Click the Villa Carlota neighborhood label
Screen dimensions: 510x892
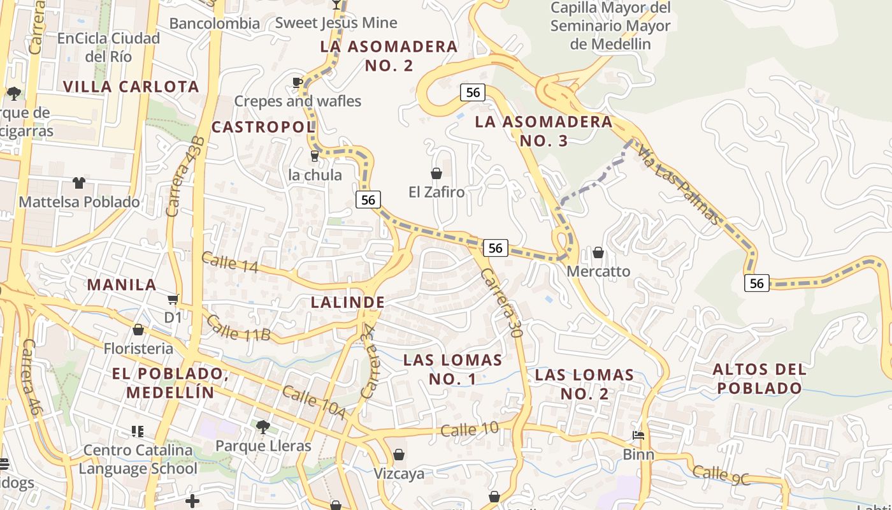click(131, 86)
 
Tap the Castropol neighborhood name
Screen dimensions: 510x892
click(263, 127)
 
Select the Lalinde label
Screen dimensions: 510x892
click(347, 302)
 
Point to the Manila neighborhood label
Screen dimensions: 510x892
click(122, 284)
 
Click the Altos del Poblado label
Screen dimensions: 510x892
click(759, 378)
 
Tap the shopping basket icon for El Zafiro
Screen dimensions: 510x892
click(436, 173)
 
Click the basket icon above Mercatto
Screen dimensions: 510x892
click(598, 253)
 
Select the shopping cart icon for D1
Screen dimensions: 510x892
click(173, 299)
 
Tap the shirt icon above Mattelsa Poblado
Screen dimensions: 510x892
click(79, 183)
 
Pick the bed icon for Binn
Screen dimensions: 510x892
click(638, 436)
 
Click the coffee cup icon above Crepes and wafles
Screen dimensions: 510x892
click(297, 82)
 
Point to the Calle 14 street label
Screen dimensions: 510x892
click(229, 262)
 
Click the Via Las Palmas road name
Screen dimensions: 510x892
click(680, 186)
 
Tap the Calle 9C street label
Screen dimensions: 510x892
click(721, 475)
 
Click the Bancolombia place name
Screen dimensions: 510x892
click(215, 24)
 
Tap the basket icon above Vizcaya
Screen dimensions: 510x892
click(399, 455)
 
